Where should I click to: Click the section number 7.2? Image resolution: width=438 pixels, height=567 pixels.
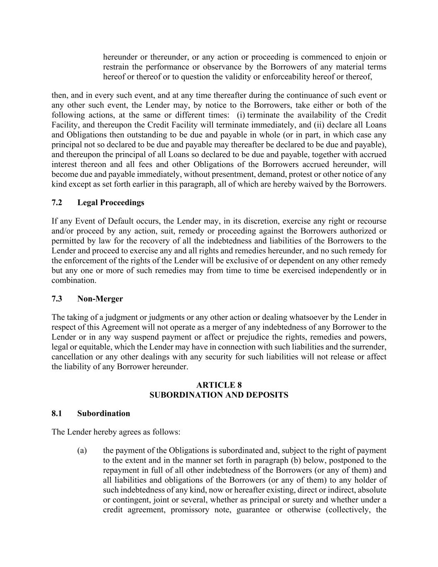[57, 203]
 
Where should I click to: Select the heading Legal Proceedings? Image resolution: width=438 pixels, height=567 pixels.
[111, 203]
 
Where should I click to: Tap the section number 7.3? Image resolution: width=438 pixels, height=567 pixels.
[57, 299]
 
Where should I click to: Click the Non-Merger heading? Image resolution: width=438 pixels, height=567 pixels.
[100, 299]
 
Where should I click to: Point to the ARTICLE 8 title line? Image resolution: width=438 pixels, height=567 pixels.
[219, 385]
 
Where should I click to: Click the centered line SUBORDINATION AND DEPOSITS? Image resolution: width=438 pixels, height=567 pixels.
[219, 395]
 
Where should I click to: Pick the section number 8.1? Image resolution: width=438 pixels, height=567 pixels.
[57, 414]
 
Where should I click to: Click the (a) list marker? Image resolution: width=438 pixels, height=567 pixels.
[82, 451]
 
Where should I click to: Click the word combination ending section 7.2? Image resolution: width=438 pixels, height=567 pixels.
[73, 280]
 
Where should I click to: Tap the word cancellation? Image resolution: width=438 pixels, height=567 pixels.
[71, 357]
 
